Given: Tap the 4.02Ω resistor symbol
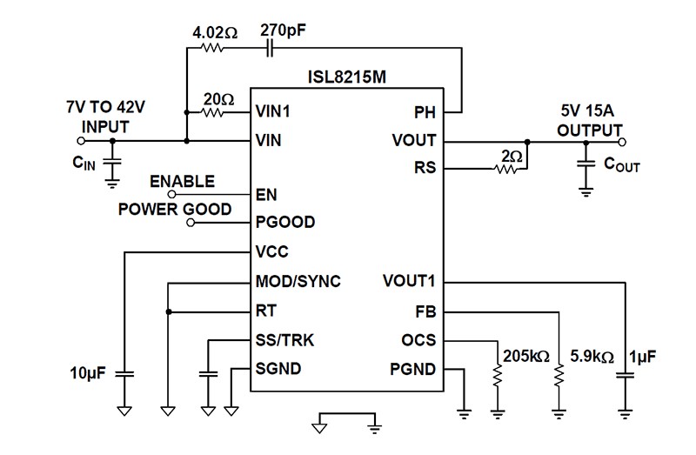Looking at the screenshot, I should (x=212, y=50).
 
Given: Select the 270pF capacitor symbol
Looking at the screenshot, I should (x=270, y=50).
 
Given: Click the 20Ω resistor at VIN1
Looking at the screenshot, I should (x=213, y=112).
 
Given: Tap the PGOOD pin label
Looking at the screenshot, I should (x=285, y=223).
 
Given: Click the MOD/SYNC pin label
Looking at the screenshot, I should (x=298, y=281).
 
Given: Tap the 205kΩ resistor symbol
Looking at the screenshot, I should (x=498, y=375).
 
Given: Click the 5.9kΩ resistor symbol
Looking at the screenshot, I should (x=559, y=375).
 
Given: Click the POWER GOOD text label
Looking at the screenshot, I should (x=175, y=210).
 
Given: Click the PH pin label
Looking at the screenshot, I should (x=425, y=112).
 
